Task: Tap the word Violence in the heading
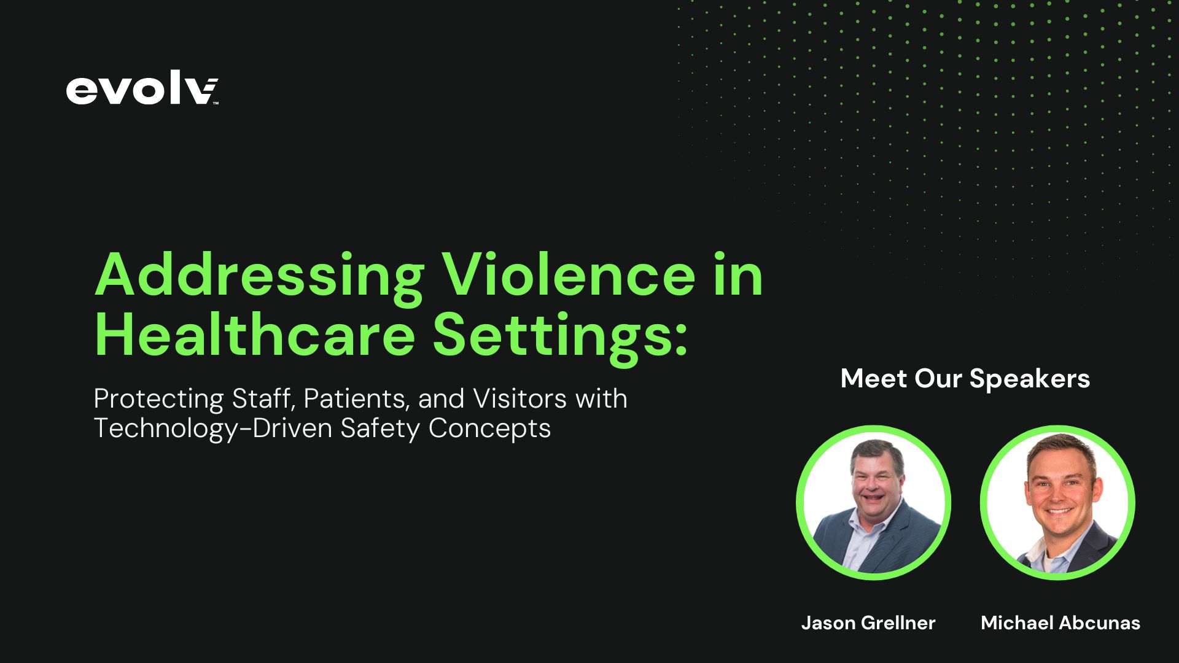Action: pyautogui.click(x=569, y=274)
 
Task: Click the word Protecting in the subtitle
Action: pyautogui.click(x=158, y=399)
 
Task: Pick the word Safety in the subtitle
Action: pyautogui.click(x=380, y=428)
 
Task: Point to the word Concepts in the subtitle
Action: pyautogui.click(x=489, y=428)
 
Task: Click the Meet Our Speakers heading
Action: pyautogui.click(x=965, y=378)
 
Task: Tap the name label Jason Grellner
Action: pyautogui.click(x=868, y=622)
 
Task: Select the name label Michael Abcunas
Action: pyautogui.click(x=1060, y=622)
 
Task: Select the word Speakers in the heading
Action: pyautogui.click(x=1029, y=378)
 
